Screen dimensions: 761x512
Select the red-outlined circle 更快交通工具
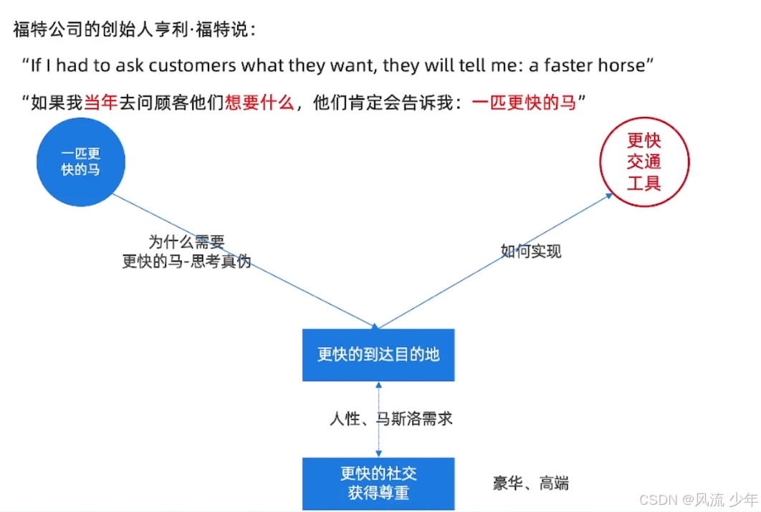643,162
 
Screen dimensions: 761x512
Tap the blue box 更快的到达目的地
378,354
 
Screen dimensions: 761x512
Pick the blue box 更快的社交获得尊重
378,483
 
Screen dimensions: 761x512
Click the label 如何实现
531,251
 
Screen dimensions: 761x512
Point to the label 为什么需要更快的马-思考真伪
186,252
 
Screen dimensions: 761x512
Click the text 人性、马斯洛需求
391,419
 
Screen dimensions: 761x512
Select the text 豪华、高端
531,483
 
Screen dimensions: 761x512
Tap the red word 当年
100,103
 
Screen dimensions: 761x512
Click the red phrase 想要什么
259,103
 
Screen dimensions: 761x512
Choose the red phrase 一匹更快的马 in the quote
525,103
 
